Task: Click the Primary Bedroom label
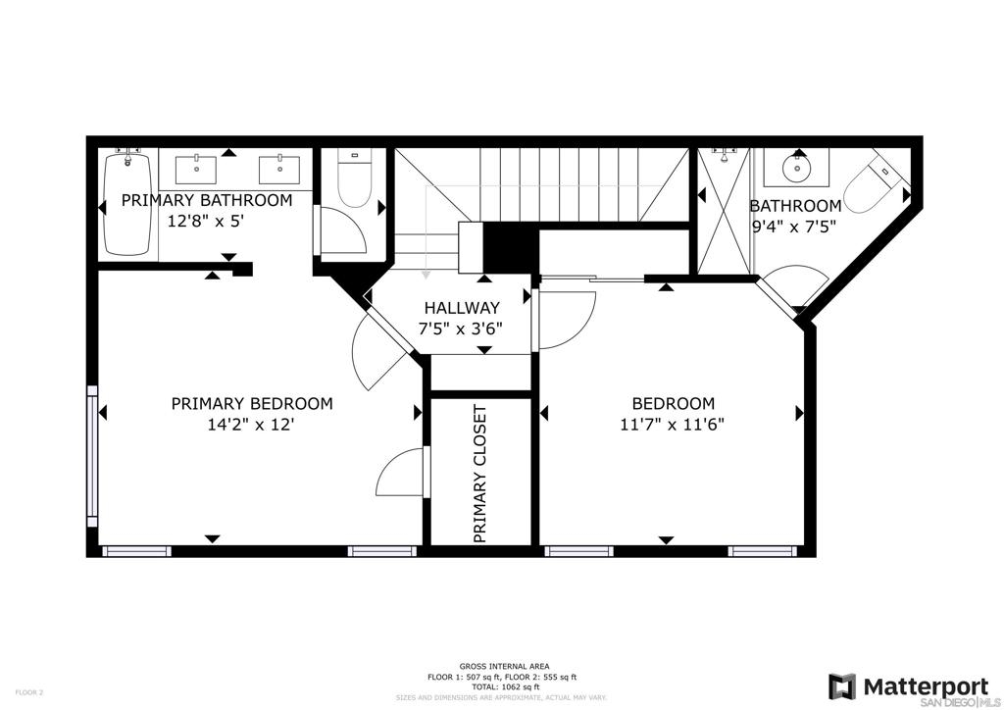pyautogui.click(x=252, y=403)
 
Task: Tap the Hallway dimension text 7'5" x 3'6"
pyautogui.click(x=461, y=330)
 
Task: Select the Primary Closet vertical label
pyautogui.click(x=480, y=474)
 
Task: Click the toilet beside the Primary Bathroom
pyautogui.click(x=354, y=179)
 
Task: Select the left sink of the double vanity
pyautogui.click(x=196, y=169)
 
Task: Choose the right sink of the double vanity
pyautogui.click(x=279, y=169)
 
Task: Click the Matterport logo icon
pyautogui.click(x=842, y=686)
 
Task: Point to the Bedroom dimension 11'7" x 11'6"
pyautogui.click(x=673, y=424)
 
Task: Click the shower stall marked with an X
pyautogui.click(x=724, y=211)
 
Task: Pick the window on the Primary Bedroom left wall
pyautogui.click(x=92, y=455)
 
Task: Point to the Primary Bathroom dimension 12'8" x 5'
pyautogui.click(x=206, y=222)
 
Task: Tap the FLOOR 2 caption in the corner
pyautogui.click(x=28, y=692)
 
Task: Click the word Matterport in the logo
pyautogui.click(x=926, y=686)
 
